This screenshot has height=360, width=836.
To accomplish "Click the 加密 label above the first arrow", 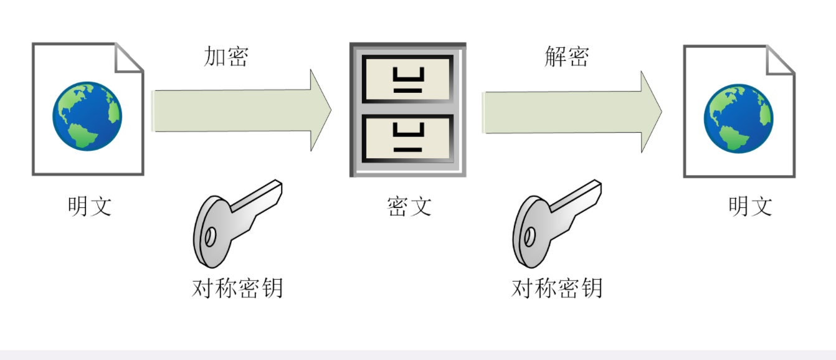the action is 226,56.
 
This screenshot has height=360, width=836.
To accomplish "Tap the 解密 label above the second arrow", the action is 566,56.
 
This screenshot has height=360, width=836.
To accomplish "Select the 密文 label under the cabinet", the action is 409,206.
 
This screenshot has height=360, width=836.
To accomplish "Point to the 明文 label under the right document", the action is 750,206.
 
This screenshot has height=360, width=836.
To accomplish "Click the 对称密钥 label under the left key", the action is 237,288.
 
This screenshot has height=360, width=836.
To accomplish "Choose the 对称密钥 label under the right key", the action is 557,288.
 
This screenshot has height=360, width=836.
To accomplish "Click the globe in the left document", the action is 87,116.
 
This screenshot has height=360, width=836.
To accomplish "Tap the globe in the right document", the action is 738,118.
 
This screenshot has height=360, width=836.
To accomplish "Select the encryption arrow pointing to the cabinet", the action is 243,110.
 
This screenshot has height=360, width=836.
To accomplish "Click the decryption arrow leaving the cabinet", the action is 573,112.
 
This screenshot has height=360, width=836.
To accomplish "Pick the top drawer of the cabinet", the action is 407,79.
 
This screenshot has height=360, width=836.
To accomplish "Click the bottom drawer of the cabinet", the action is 407,138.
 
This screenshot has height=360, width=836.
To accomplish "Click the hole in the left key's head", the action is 211,237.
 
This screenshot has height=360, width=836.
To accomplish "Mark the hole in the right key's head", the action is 530,236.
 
